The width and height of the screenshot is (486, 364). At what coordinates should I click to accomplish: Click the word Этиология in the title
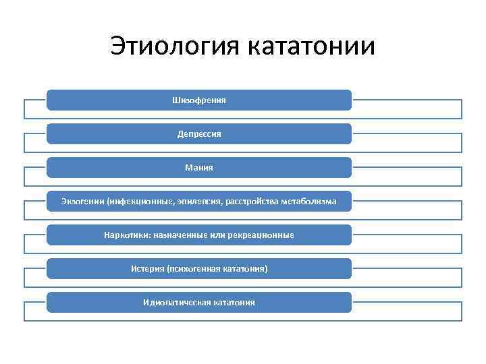[x=173, y=47]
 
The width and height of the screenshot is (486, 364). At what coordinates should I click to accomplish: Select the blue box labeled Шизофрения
[x=199, y=100]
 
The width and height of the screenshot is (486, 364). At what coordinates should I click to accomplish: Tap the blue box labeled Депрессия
[x=199, y=133]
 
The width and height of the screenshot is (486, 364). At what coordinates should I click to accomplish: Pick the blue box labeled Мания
[x=199, y=167]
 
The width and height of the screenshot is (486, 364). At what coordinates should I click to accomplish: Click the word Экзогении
[x=82, y=202]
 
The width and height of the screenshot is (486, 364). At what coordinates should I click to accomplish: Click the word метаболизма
[x=307, y=202]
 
